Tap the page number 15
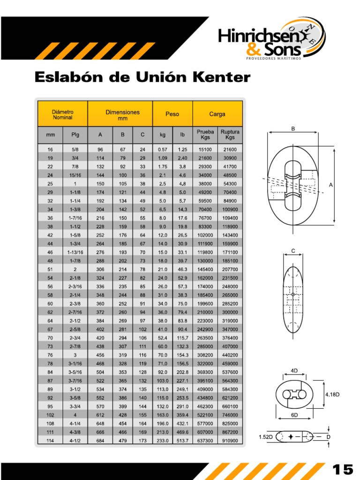pos(343,470)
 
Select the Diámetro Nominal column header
pos(62,114)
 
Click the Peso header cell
pos(172,114)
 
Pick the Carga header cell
pos(217,114)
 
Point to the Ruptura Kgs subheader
pos(230,135)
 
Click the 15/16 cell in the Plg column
pos(75,175)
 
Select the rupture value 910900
pos(230,441)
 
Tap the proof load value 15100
pos(205,150)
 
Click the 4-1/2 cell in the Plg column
pos(75,441)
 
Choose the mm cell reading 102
pos(50,415)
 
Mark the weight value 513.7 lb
pos(182,441)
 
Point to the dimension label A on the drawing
pos(330,185)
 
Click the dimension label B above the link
pos(293,128)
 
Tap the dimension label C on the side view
pos(293,251)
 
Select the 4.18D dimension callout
pos(332,394)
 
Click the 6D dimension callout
pos(294,415)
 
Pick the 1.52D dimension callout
pos(266,437)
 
